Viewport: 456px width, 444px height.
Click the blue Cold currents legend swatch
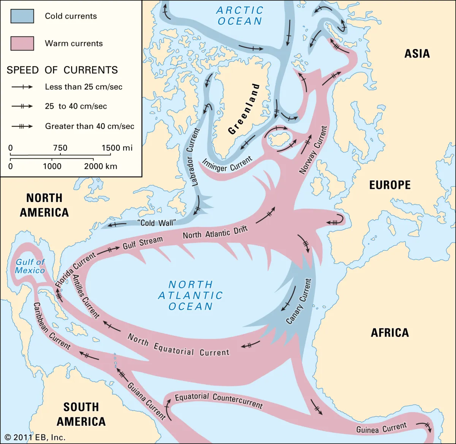point(22,16)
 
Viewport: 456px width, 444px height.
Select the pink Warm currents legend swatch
point(22,43)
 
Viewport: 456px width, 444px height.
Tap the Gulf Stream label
point(142,242)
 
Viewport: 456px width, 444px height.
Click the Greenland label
point(244,109)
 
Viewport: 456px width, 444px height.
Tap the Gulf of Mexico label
point(30,266)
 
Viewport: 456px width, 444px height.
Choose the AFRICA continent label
point(389,333)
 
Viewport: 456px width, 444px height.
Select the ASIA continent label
point(417,54)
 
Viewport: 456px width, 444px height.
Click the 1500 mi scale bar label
point(117,148)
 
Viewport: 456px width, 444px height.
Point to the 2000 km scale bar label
point(100,166)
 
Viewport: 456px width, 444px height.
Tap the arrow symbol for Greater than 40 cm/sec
point(22,126)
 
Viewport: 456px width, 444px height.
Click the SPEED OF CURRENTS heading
point(62,70)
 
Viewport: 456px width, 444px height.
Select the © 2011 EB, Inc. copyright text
point(35,437)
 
